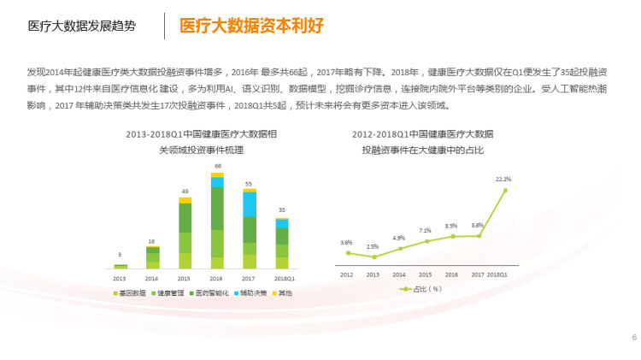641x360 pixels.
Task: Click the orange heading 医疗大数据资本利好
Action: pos(251,26)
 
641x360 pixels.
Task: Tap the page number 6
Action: pos(634,337)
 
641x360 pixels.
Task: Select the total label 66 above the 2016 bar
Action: pos(218,166)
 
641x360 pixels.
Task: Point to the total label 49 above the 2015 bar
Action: pos(185,191)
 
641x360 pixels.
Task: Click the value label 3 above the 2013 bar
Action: pos(120,255)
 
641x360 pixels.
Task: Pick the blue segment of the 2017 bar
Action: pos(250,204)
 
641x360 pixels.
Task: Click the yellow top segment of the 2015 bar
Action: pos(185,200)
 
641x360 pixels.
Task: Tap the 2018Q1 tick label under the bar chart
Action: pos(283,278)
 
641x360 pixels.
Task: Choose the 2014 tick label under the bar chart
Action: pos(152,278)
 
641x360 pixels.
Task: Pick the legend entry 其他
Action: pos(282,292)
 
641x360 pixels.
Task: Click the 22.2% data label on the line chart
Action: pos(503,180)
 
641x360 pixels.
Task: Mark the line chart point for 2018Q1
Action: pos(505,190)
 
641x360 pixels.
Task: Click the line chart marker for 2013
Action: pos(373,257)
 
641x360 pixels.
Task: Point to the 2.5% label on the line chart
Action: pos(373,246)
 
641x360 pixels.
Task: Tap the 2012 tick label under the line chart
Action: pos(347,274)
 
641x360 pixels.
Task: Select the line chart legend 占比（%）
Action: pos(422,289)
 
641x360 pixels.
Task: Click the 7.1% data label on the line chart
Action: pos(425,231)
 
